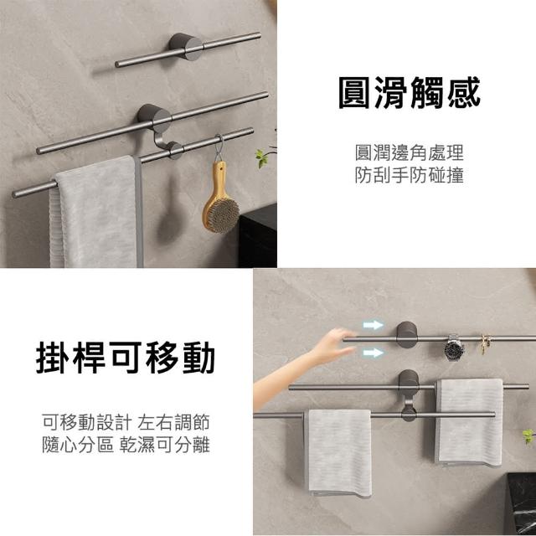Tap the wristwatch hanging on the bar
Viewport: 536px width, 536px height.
pos(454,348)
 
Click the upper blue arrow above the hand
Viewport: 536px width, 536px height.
pos(373,325)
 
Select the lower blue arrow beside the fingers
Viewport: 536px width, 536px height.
pos(373,353)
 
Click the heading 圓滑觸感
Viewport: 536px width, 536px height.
pos(410,93)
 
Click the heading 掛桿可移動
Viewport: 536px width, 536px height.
pos(126,358)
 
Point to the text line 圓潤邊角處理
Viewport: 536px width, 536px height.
pos(410,152)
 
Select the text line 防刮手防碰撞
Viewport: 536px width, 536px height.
pos(410,175)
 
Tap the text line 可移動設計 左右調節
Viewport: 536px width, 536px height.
pos(126,422)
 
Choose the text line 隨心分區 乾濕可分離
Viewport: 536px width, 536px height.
pos(126,445)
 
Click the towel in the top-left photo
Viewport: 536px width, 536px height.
pos(96,212)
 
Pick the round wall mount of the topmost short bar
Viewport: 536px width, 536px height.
pos(186,47)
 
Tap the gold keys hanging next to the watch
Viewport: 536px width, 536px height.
pos(485,343)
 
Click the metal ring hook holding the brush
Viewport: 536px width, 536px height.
pos(219,149)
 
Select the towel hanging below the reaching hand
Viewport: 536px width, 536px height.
pos(338,452)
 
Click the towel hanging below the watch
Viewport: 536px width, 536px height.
pos(469,422)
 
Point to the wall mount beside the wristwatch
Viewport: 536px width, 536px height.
pos(407,335)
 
